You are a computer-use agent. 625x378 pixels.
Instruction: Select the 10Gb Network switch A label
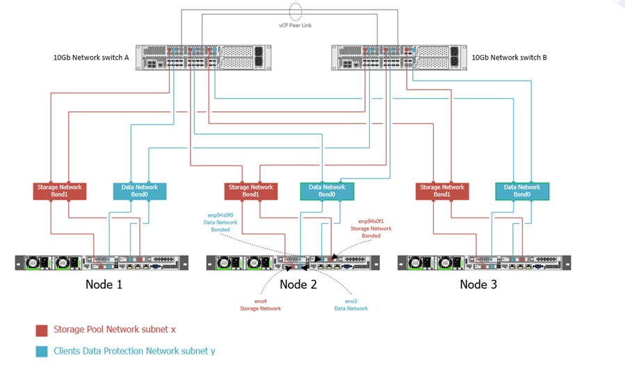click(92, 58)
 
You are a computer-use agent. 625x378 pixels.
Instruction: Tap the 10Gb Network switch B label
click(509, 58)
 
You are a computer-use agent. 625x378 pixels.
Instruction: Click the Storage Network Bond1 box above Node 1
click(60, 191)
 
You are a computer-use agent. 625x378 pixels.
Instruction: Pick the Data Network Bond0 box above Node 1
click(140, 191)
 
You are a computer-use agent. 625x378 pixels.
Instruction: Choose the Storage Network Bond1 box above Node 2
click(251, 191)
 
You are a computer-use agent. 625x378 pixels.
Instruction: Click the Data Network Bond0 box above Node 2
click(327, 191)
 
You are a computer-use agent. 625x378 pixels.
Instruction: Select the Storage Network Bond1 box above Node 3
click(441, 191)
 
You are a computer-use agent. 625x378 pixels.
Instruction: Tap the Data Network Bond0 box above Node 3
click(522, 191)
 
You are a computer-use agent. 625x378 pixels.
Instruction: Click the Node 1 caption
click(104, 284)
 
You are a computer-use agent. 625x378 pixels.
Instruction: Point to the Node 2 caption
click(298, 284)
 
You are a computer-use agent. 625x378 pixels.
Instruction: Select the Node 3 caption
click(478, 284)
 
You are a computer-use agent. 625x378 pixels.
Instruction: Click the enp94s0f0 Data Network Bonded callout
click(220, 222)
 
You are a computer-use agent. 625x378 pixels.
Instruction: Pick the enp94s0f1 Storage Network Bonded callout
click(371, 228)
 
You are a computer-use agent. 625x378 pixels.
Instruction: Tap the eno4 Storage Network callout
click(260, 304)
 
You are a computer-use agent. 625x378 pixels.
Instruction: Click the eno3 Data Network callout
click(350, 304)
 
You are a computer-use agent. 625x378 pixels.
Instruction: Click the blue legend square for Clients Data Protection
click(42, 352)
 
